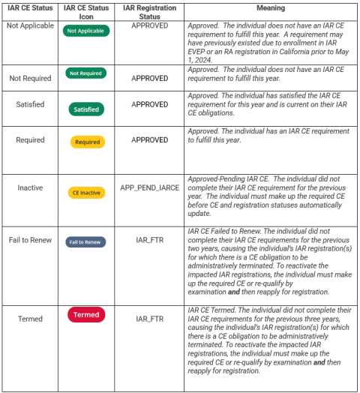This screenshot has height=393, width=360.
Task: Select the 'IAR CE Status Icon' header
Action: click(87, 11)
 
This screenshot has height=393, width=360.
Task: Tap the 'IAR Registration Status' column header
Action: click(149, 11)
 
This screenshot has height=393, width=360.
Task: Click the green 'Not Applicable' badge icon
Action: click(87, 31)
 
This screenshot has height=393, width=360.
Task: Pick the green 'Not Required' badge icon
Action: click(87, 73)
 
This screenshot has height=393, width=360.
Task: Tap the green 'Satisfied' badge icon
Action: click(87, 109)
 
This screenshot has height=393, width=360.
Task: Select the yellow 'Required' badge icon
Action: click(87, 142)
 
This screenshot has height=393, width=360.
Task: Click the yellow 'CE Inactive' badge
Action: click(86, 193)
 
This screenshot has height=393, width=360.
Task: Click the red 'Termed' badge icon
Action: click(86, 315)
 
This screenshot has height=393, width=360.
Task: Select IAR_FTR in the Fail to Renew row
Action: click(149, 241)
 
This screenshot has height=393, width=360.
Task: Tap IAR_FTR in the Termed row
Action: click(149, 319)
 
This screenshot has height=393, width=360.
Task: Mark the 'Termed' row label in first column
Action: click(30, 319)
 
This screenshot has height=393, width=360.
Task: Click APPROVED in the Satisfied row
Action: click(149, 105)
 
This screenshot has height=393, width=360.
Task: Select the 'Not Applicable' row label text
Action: click(30, 25)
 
